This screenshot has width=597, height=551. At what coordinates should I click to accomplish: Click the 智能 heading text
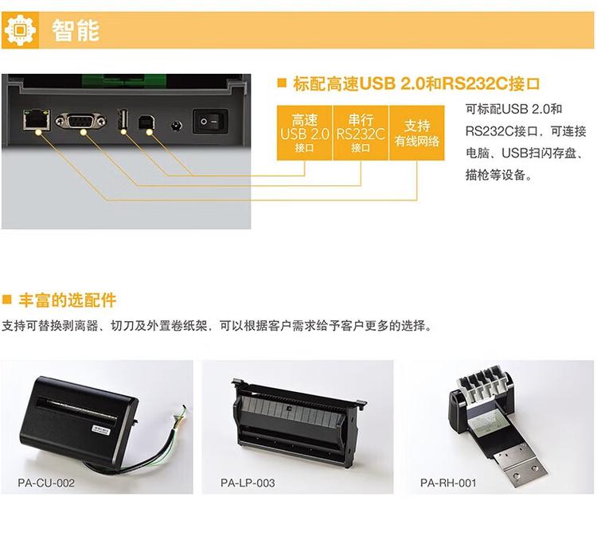coord(76,30)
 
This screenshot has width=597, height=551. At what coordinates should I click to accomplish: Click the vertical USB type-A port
coord(123,120)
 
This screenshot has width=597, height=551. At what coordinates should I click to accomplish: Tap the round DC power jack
coord(177,124)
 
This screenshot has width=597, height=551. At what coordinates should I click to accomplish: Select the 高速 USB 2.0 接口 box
coord(304,132)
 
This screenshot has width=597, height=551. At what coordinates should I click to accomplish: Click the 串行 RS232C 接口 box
coord(361,132)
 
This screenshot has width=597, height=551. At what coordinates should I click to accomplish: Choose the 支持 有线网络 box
coord(417,132)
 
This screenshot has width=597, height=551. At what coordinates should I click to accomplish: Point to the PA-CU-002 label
coord(46,483)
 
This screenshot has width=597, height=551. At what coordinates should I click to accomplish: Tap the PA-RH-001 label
coord(449,483)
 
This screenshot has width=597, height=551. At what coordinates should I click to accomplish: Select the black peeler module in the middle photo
coord(295,417)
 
